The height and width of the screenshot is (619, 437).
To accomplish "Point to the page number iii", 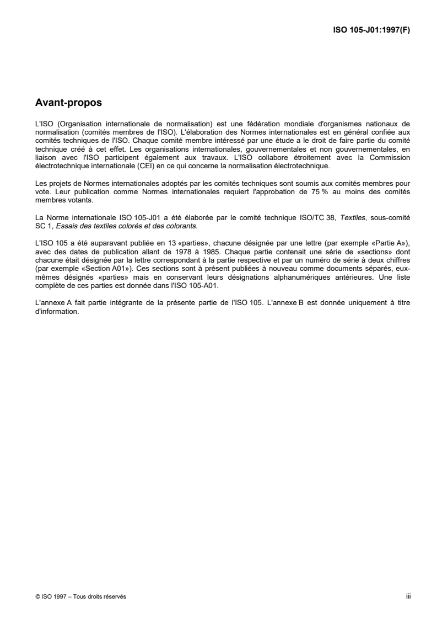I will point(408,596).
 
